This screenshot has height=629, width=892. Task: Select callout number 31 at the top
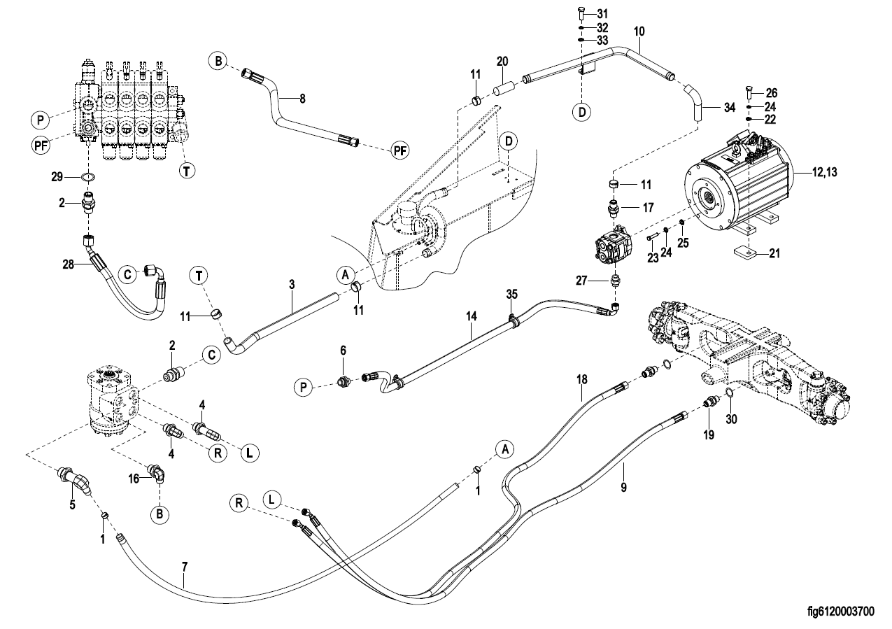click(x=603, y=14)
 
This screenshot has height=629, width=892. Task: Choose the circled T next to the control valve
click(x=187, y=170)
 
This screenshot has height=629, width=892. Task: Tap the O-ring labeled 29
click(x=90, y=178)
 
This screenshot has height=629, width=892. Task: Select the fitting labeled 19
click(x=712, y=404)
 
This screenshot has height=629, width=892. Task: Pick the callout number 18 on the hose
click(x=582, y=379)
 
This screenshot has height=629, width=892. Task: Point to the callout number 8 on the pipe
click(x=302, y=99)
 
